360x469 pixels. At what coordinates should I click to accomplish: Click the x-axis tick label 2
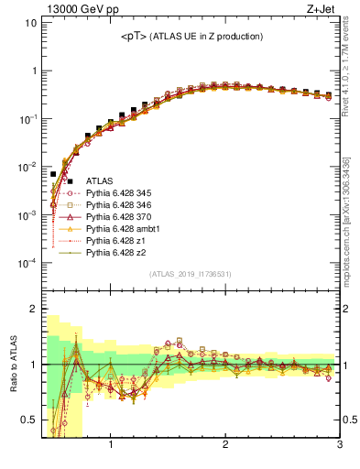point(225,446)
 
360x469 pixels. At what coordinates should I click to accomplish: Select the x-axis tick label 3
point(339,446)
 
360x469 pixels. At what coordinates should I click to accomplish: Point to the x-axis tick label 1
point(111,446)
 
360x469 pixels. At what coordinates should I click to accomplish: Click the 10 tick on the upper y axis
point(30,22)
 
